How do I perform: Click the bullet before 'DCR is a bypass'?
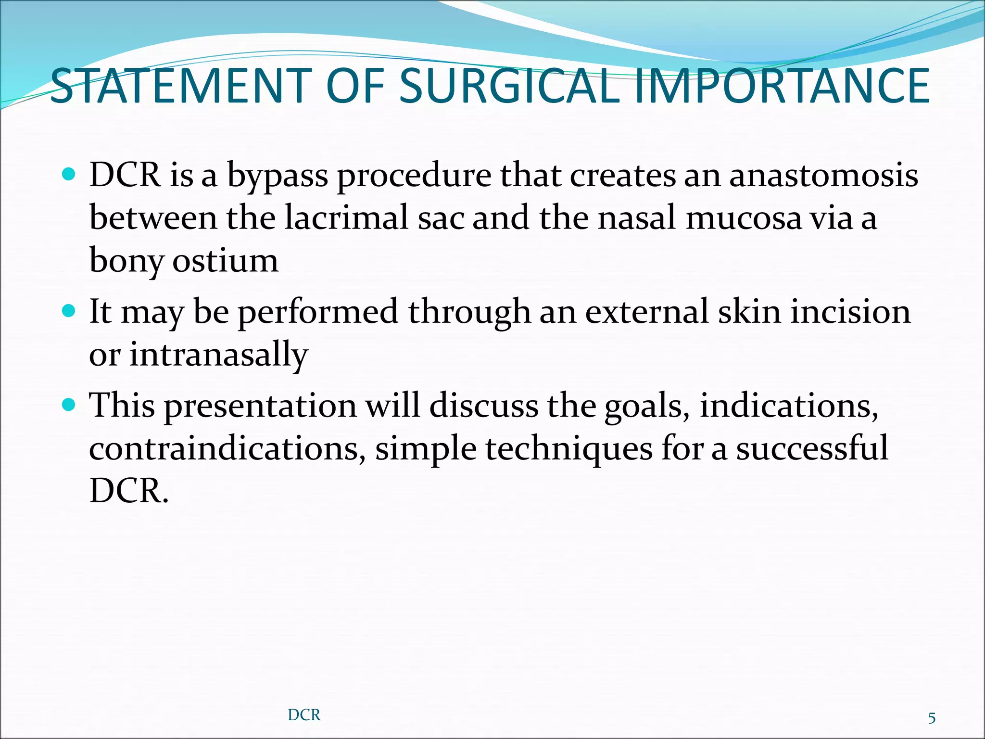click(69, 174)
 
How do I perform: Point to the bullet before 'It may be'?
click(69, 311)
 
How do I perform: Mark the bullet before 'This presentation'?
click(69, 405)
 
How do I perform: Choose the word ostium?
click(225, 260)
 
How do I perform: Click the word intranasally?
click(218, 355)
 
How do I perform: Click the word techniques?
click(568, 448)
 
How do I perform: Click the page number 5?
click(932, 718)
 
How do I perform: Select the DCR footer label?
click(304, 715)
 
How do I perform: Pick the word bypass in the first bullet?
click(277, 176)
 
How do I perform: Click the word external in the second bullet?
click(646, 312)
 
